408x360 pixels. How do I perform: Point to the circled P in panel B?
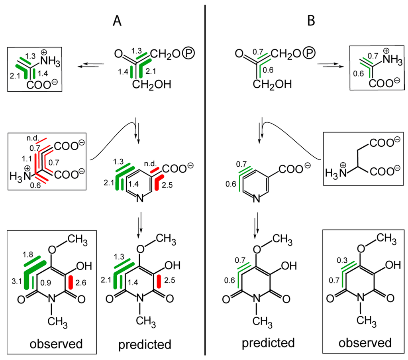coord(316,53)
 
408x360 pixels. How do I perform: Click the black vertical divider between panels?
coord(205,179)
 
